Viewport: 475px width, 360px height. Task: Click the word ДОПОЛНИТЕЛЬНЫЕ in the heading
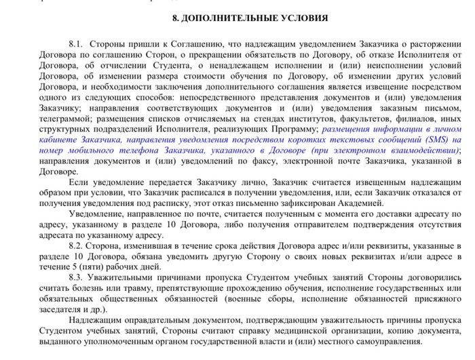[x=231, y=18]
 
